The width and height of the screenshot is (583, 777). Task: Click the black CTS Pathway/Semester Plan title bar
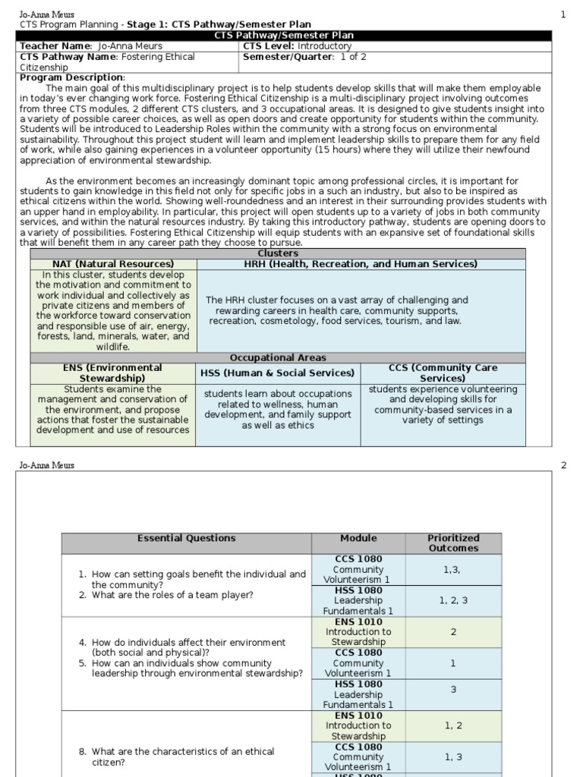[283, 36]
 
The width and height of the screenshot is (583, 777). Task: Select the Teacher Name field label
[55, 46]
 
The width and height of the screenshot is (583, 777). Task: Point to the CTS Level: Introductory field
[297, 46]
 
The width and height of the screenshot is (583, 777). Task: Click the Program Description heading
[71, 77]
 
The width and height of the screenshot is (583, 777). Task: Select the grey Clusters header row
[278, 253]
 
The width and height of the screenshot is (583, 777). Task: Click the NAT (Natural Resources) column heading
[113, 264]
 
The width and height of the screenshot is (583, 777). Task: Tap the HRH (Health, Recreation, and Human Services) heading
[361, 264]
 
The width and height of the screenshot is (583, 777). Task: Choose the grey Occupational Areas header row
[278, 357]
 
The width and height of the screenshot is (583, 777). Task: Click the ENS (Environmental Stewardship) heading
[112, 373]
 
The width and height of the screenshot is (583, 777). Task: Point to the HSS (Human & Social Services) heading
[278, 373]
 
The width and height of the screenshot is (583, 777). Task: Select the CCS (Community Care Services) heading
[443, 373]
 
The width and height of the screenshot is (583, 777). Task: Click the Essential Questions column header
[186, 538]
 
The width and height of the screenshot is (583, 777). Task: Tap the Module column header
[358, 538]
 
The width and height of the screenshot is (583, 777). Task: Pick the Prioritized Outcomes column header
[453, 543]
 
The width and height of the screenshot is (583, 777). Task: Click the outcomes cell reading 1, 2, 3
[453, 600]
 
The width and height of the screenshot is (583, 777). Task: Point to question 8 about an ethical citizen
[176, 757]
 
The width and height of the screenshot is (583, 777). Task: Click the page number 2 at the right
[563, 465]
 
